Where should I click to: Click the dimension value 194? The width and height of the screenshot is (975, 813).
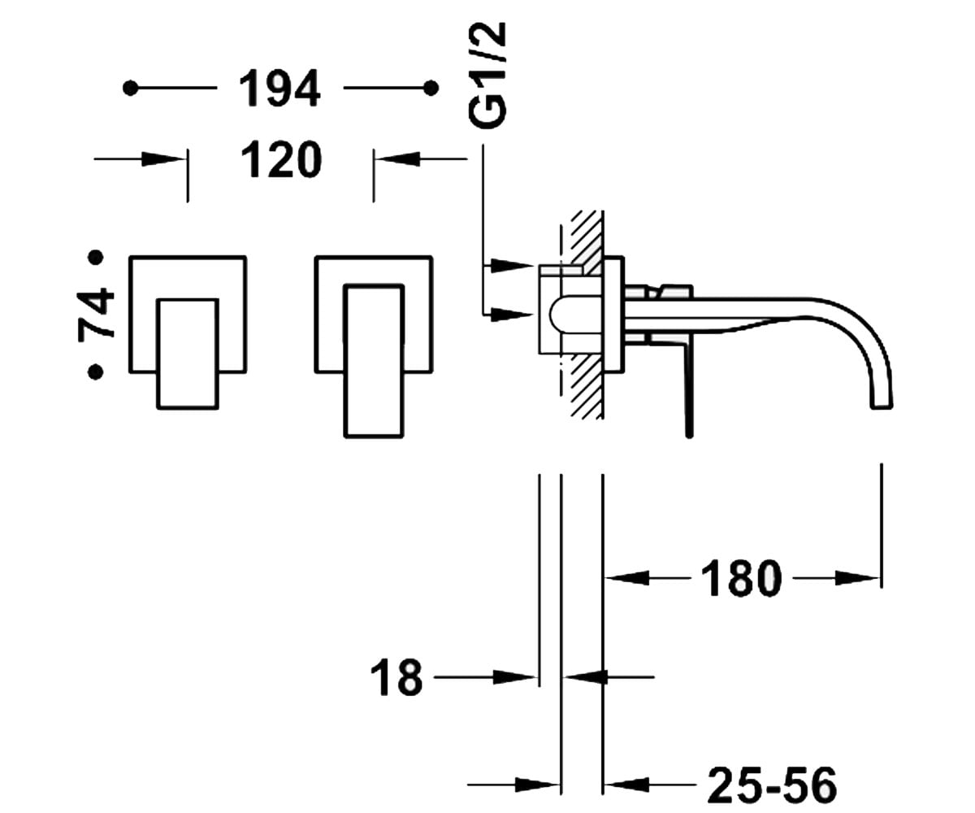point(279,89)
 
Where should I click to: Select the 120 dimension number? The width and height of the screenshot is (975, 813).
point(281,159)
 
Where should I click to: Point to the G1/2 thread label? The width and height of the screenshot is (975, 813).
point(487,75)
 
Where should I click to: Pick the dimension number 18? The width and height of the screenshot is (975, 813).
point(396,677)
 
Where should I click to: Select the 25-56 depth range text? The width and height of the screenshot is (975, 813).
point(773,785)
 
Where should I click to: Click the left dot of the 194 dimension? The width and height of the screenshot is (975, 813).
point(130,88)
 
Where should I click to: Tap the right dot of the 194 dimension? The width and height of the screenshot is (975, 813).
point(431,88)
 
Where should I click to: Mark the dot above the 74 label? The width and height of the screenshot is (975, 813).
point(96,257)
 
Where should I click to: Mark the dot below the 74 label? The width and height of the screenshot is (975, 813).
point(96,372)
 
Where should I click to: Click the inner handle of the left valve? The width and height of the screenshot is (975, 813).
point(188,354)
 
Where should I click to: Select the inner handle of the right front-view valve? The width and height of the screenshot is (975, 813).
point(374,361)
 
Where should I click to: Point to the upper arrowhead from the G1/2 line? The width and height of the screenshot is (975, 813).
point(512,266)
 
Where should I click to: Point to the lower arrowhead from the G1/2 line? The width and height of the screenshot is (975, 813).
point(512,315)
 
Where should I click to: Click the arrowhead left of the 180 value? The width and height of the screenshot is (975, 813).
point(626,578)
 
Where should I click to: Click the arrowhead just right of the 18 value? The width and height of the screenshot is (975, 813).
point(514,677)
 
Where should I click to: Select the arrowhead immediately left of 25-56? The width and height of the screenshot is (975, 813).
point(626,785)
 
